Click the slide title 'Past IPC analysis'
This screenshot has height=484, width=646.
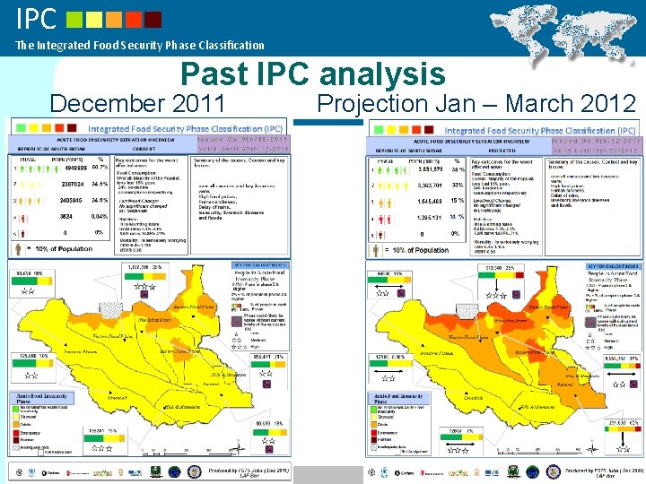(312, 73)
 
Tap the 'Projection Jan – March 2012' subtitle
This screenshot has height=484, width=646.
(476, 104)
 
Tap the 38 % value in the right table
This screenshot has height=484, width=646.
(458, 169)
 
